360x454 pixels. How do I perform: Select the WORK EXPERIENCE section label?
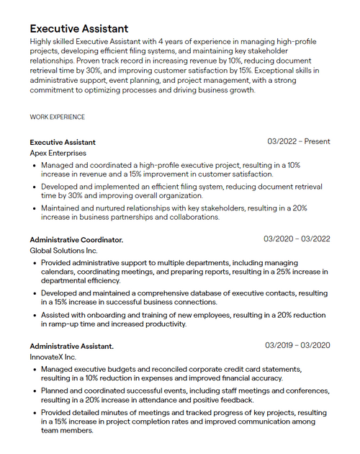click(57, 117)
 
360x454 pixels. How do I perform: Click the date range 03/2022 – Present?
click(298, 141)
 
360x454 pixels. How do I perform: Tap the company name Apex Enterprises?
click(58, 153)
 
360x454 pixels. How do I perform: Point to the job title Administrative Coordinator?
click(76, 239)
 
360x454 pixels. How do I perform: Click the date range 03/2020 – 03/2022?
click(297, 239)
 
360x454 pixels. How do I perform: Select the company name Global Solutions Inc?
click(63, 250)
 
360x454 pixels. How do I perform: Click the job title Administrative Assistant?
click(71, 347)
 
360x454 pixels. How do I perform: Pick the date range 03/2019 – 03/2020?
click(297, 346)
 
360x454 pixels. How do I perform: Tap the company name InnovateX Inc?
click(53, 357)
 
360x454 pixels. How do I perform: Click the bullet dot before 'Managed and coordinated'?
click(35, 165)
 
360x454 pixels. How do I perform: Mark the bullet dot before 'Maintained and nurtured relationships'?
click(35, 208)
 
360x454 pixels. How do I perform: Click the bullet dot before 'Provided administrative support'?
click(35, 263)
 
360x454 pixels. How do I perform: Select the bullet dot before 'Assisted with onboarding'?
click(35, 315)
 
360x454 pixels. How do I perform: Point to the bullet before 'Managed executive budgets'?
click(35, 370)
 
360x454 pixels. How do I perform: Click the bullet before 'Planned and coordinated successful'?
click(35, 391)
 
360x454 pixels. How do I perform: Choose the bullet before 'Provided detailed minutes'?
click(35, 413)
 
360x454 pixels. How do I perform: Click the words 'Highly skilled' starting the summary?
click(51, 42)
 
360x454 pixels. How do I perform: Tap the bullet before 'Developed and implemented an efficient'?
click(35, 187)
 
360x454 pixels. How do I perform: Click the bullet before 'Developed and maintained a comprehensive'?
click(35, 294)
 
